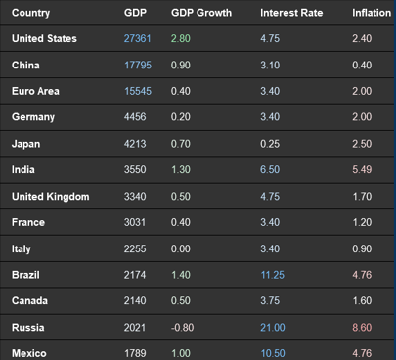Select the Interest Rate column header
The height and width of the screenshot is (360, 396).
click(292, 14)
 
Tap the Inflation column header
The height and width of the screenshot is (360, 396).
click(371, 14)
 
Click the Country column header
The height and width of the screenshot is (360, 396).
click(31, 14)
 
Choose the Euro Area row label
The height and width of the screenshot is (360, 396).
click(35, 91)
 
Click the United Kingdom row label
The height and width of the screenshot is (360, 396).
click(50, 196)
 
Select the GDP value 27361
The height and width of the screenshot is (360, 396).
click(138, 39)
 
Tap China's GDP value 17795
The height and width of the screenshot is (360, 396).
click(138, 66)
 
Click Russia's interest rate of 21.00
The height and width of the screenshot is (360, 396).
click(274, 327)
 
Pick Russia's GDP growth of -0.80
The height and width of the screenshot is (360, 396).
click(183, 327)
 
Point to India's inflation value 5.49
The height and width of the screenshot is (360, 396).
click(363, 169)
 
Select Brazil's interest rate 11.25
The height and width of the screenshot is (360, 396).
click(274, 275)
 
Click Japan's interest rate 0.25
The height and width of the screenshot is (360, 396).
click(271, 144)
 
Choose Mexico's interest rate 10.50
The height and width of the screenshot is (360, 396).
click(274, 352)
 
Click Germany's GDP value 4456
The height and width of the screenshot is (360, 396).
click(136, 117)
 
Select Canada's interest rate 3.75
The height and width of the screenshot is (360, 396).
click(271, 300)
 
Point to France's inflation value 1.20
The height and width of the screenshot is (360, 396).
click(363, 222)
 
